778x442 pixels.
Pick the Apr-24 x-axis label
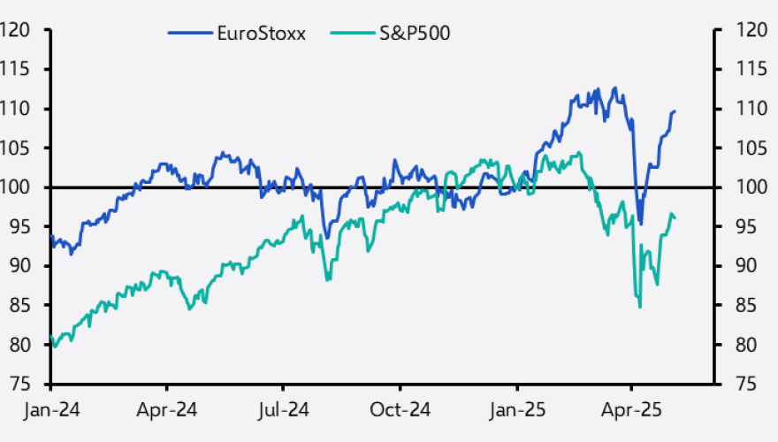coord(167,411)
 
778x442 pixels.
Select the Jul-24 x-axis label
coord(283,411)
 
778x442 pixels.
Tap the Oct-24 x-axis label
coord(400,411)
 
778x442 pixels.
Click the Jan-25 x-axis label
coord(516,411)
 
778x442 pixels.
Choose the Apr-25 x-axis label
coord(631,411)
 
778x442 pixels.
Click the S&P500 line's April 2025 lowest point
coord(639,307)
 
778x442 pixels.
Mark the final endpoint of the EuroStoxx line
coord(675,110)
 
